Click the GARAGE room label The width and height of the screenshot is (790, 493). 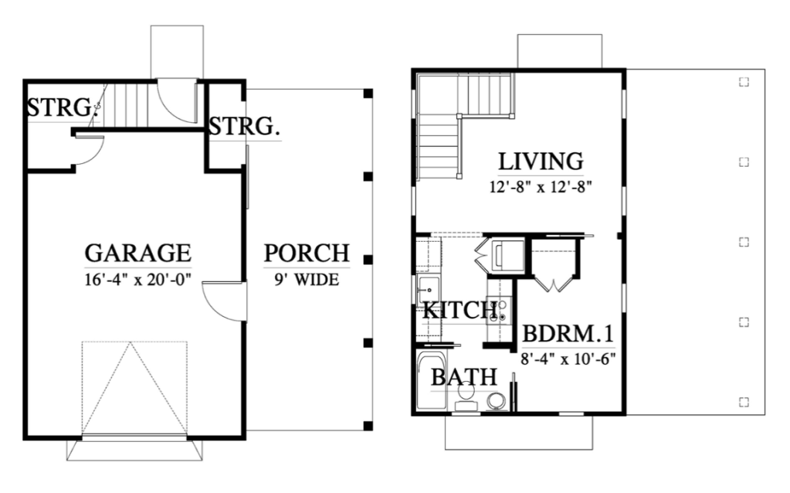point(138,253)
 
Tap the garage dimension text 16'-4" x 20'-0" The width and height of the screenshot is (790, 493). point(137,279)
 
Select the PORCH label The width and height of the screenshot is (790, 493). point(307,253)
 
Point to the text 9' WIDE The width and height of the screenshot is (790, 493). point(307,279)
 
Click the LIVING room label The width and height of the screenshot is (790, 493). point(541,161)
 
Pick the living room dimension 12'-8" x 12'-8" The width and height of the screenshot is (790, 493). point(541,187)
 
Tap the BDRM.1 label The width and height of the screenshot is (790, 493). point(568,334)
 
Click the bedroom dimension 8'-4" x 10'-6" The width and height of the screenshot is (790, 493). point(568,359)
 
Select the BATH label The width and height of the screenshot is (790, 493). point(464,377)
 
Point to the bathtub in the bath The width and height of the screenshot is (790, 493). point(432,381)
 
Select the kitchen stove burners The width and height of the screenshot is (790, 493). point(503,311)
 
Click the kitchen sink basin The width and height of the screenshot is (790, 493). point(429,291)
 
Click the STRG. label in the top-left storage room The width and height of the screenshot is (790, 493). point(61,108)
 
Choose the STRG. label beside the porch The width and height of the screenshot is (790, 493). point(244,127)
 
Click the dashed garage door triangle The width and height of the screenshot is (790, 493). point(134,387)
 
